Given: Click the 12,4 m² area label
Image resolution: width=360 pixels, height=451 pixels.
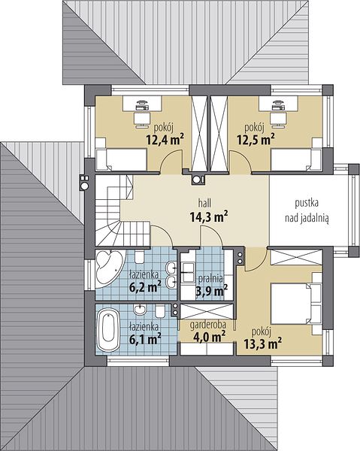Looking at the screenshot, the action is pos(165,140).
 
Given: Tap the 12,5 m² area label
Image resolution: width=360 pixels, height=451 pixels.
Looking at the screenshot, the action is pos(256,140).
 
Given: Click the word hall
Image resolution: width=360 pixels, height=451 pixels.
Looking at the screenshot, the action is pos(204,203).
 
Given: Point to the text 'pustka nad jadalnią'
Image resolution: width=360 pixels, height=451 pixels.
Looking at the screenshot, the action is pos(307,210).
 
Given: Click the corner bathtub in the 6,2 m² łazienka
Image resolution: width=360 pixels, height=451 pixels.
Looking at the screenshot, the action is pos(109,268).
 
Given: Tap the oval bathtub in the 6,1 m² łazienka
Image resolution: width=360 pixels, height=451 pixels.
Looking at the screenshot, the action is pos(108,330).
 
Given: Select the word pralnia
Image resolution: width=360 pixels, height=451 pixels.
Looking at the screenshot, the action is pos(210,278).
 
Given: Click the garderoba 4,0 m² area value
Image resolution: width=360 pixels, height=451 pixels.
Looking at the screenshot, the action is pos(209,336).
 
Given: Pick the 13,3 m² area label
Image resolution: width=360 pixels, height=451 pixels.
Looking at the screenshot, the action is pos(262,344).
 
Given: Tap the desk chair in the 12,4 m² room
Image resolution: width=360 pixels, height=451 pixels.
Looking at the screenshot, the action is pos(141,120).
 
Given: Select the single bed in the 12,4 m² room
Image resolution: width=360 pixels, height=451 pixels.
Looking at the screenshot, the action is pos(121,159).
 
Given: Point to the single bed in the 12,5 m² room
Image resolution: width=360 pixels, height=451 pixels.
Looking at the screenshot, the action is pos(296,159).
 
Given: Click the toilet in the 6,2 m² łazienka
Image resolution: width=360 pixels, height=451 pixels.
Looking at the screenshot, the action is pos(139,256).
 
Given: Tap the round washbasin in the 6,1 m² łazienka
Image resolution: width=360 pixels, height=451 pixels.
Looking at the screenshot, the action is pos(140,310).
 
